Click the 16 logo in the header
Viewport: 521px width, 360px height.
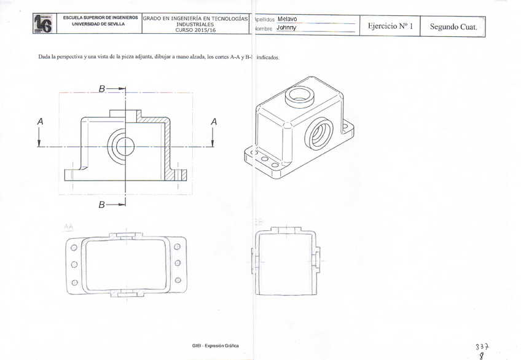[43, 25]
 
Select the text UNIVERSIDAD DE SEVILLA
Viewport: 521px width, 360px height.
[98, 25]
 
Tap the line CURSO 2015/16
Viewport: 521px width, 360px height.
[195, 29]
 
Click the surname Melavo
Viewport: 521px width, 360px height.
[287, 19]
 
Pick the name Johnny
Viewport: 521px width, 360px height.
[286, 28]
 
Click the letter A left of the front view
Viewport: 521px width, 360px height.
[41, 122]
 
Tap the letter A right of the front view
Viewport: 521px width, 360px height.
[214, 122]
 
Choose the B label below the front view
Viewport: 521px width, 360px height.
[102, 204]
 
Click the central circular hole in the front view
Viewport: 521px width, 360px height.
[125, 146]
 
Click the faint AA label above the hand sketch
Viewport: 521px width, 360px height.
[68, 227]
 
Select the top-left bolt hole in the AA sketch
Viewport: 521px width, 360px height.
[74, 248]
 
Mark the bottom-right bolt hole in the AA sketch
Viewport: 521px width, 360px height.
[177, 280]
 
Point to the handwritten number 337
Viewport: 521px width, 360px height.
[483, 345]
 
